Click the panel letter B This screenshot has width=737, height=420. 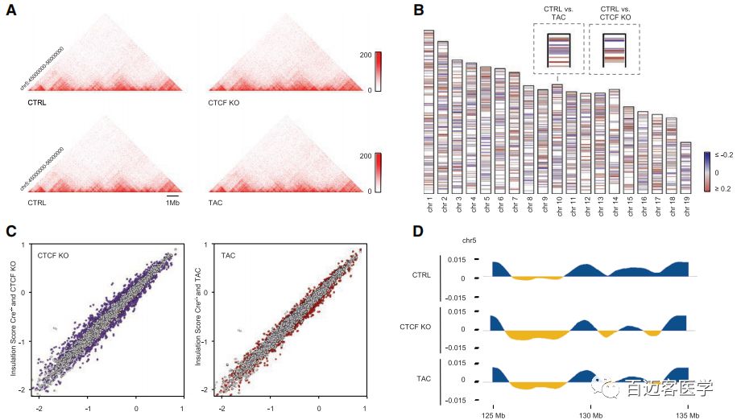point(419,10)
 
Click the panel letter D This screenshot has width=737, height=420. point(419,231)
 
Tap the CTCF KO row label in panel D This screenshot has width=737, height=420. point(417,328)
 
